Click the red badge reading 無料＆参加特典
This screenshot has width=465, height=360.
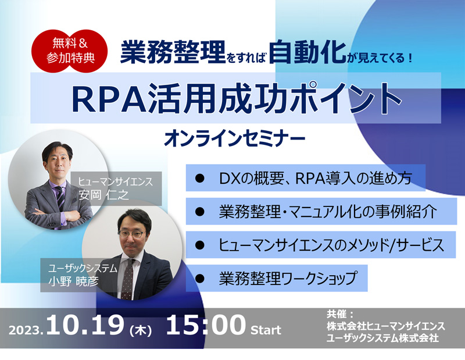click(x=69, y=51)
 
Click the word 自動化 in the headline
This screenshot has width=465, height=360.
click(x=307, y=52)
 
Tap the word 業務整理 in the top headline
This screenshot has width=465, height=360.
click(x=173, y=52)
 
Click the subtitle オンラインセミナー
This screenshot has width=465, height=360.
click(x=235, y=139)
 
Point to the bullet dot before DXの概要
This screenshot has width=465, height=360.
click(x=200, y=178)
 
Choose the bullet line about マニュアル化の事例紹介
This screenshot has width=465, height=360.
click(x=328, y=211)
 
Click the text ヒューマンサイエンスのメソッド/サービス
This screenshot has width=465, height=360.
click(x=331, y=245)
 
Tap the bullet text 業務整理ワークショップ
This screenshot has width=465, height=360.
click(x=288, y=278)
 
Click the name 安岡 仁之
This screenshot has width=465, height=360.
click(x=104, y=195)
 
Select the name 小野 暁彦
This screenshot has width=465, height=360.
click(x=73, y=281)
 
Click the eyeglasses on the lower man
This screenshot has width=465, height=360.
click(x=132, y=234)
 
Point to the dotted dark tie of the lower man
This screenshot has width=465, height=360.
click(x=127, y=279)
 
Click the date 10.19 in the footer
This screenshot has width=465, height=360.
click(x=85, y=325)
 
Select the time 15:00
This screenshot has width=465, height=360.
click(x=206, y=325)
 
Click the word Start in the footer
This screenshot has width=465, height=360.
click(x=266, y=330)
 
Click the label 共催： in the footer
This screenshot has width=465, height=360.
click(x=340, y=314)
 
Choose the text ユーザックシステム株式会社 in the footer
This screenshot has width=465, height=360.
click(x=382, y=337)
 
